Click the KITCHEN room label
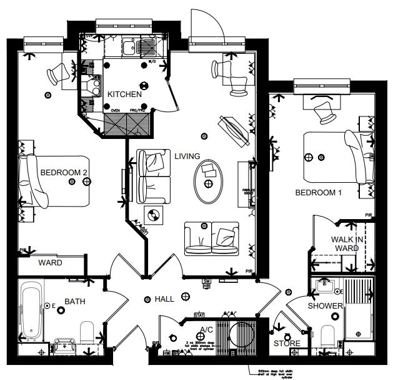pyautogui.click(x=125, y=94)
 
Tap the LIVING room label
pyautogui.click(x=187, y=156)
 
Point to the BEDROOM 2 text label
pyautogui.click(x=63, y=172)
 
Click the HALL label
pyautogui.click(x=164, y=299)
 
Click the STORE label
pyautogui.click(x=287, y=343)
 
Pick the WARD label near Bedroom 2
pyautogui.click(x=50, y=263)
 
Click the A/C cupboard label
pyautogui.click(x=206, y=329)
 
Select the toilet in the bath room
pyautogui.click(x=87, y=333)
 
